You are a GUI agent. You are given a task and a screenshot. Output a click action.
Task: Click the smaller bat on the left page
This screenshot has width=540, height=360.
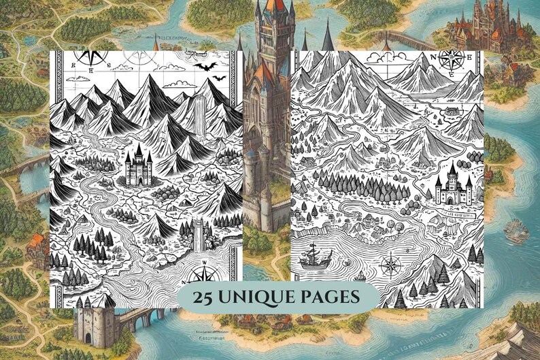coord(218,78)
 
